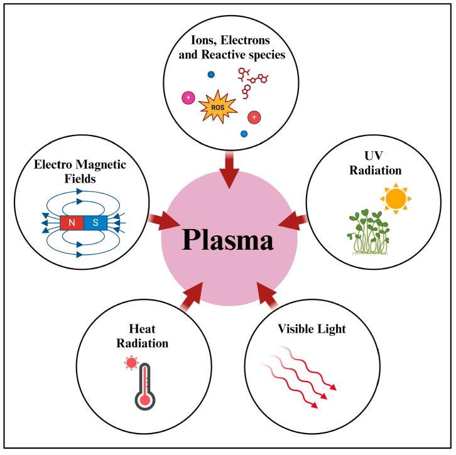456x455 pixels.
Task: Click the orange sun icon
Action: coord(396,198)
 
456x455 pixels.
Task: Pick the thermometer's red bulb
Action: coord(146,399)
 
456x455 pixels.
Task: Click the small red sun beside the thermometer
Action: coord(131,363)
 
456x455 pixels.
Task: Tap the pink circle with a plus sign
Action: coord(187,98)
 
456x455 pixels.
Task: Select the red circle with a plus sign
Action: coord(254,117)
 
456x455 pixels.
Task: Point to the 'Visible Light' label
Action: coord(304,328)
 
